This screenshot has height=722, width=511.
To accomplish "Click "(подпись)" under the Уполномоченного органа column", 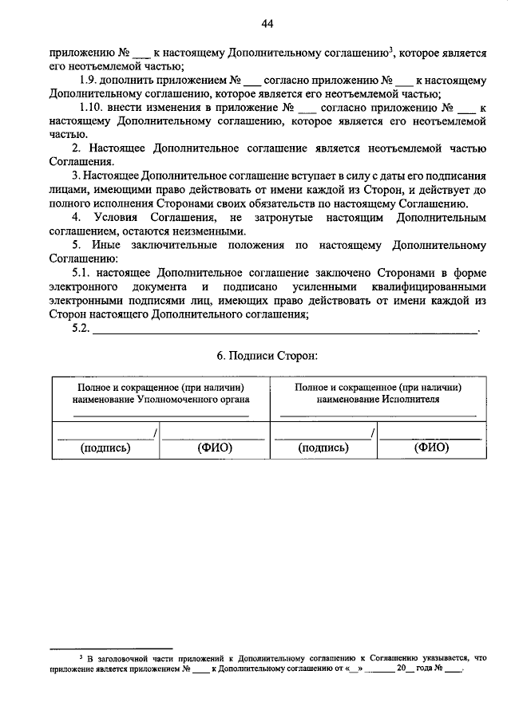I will [105, 448].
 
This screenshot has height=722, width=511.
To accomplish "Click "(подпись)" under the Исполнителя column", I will [323, 448].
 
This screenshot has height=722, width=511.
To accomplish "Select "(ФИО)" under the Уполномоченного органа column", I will [214, 448].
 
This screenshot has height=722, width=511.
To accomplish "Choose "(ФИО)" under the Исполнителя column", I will [431, 448].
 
